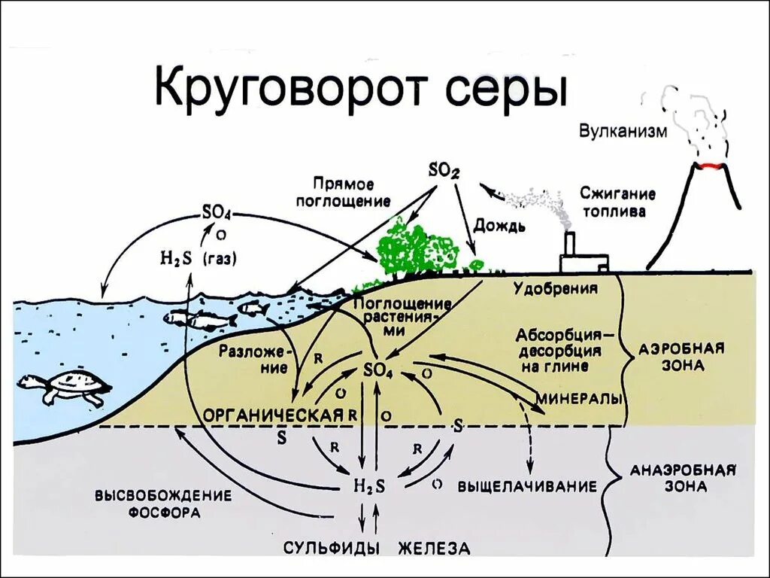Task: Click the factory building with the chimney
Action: (582, 257)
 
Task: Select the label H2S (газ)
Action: (197, 258)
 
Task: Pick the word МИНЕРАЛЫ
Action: (579, 397)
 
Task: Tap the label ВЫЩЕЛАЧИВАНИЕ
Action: (527, 486)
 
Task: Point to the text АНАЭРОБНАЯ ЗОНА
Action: (681, 479)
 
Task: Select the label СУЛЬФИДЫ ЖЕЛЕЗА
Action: (376, 547)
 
